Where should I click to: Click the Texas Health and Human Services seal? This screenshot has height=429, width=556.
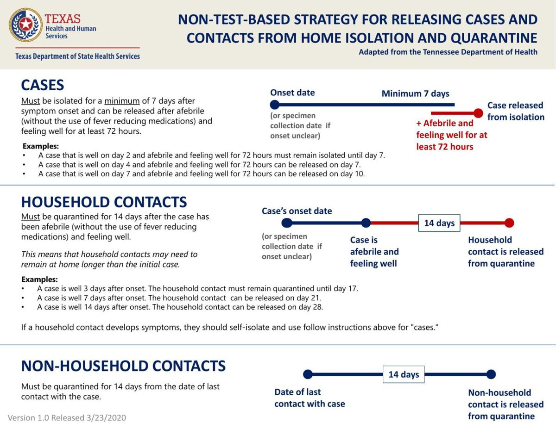[25, 25]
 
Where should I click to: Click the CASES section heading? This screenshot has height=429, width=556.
[43, 85]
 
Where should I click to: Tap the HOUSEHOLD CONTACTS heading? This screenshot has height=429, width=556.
[104, 202]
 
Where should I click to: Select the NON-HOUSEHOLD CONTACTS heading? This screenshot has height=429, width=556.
[123, 366]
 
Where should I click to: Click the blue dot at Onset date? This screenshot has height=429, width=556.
[275, 105]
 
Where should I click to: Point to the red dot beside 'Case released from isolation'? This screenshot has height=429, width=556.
[478, 113]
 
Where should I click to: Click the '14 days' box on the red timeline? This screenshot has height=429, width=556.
[439, 223]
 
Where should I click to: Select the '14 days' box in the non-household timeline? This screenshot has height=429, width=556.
[404, 374]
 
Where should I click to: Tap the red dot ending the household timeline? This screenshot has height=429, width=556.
[509, 223]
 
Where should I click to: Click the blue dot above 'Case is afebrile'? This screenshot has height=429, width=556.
[366, 223]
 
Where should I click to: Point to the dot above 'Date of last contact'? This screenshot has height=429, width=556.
[308, 374]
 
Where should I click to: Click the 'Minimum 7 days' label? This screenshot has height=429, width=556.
[415, 93]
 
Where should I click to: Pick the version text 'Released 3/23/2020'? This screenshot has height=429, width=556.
[88, 418]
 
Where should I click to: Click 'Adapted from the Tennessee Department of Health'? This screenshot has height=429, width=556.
[448, 52]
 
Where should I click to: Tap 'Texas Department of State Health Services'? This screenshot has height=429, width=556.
[77, 56]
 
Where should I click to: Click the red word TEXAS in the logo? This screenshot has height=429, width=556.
[63, 19]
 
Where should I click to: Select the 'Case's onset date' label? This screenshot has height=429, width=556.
[297, 211]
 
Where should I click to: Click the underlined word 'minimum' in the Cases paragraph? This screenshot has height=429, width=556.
[122, 101]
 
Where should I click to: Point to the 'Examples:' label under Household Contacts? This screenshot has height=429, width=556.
[40, 279]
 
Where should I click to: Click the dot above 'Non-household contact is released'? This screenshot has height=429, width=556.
[491, 374]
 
